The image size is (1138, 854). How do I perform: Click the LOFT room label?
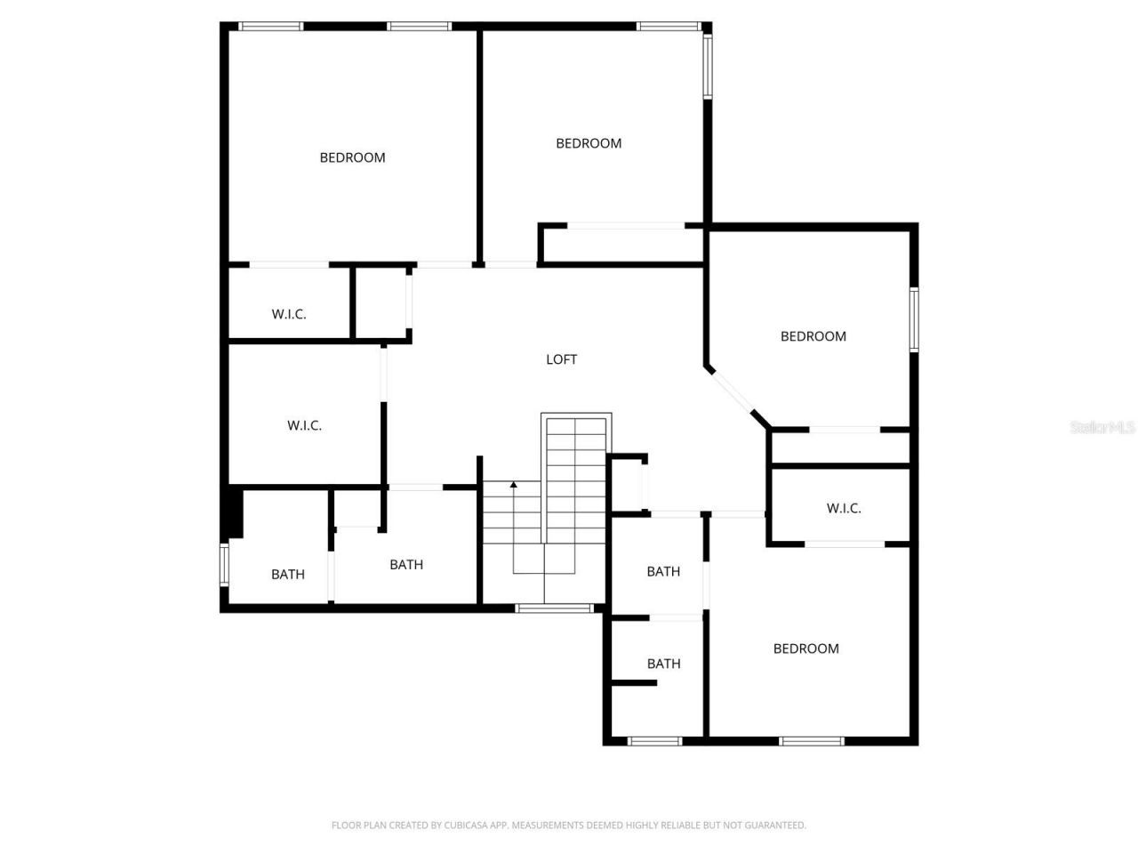(x=561, y=359)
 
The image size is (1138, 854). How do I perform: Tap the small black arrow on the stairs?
(x=513, y=485)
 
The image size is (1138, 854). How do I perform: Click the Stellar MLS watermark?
(x=1102, y=427)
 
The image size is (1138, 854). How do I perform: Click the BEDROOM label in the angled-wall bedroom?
(x=813, y=336)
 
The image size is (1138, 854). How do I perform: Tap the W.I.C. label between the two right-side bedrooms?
(x=844, y=509)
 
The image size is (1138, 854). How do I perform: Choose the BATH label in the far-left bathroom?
(x=287, y=575)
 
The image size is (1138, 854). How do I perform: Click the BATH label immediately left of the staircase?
(x=406, y=565)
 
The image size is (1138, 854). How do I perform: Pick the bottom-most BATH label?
(x=663, y=664)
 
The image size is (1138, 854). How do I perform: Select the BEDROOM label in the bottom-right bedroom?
(x=805, y=649)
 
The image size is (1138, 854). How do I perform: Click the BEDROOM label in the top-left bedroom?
(x=352, y=157)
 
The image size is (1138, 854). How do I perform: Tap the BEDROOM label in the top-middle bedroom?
(x=589, y=143)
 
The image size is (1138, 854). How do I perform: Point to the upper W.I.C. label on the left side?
(x=289, y=314)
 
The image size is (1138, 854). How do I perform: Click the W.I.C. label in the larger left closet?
(x=304, y=426)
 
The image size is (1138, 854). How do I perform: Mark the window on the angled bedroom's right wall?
(x=913, y=318)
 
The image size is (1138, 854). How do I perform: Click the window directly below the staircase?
(x=555, y=608)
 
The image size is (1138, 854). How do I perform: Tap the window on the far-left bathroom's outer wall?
(x=225, y=564)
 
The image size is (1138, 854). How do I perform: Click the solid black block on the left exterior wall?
(x=233, y=512)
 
